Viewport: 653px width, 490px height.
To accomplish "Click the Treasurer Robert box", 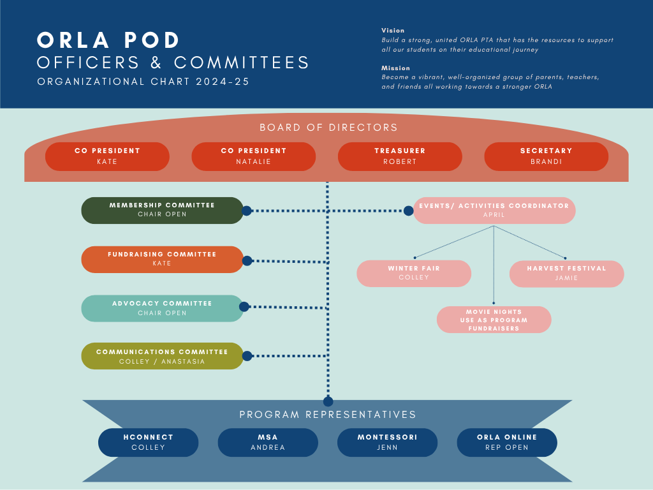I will pos(400,156).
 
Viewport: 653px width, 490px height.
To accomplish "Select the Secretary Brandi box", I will pos(546,156).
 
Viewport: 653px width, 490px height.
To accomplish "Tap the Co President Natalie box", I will pos(253,156).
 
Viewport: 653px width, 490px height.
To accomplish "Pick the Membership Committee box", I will pos(162,210).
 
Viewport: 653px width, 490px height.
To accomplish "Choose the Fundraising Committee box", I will pos(162,259).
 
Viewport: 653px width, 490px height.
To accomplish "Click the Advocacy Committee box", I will pos(162,308).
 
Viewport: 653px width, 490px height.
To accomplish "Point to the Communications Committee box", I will pos(162,356).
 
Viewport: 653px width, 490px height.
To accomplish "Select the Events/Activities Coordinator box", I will pos(494,211).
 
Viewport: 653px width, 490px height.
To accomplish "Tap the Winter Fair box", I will pos(414,273).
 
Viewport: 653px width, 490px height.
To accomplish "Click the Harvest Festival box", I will pos(566,273).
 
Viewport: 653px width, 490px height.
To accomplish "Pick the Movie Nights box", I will pos(494,320).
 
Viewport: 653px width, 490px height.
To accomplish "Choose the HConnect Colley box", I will pos(148,442).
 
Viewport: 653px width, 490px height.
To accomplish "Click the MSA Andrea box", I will pos(268,442).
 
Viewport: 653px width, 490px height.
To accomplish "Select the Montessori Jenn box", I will pos(387,442).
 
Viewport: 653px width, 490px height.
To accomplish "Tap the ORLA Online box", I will pos(507,442).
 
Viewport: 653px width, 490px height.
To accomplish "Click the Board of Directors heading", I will pos(328,128).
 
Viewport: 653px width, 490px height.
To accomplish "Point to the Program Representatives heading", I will pos(328,415).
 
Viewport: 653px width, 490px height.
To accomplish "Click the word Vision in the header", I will pos(393,31).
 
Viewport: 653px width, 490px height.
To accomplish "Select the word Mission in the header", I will pos(395,68).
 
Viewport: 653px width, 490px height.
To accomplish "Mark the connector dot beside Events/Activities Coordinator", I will pos(408,211).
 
